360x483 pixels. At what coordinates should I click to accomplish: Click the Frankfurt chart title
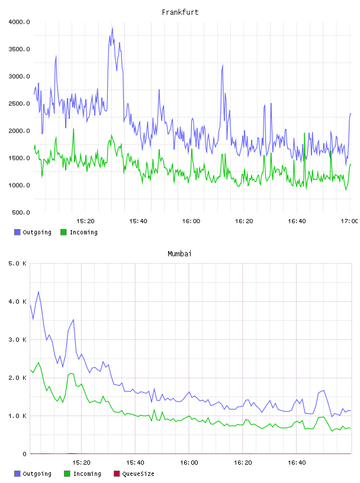180,12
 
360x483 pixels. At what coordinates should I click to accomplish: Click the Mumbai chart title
179,254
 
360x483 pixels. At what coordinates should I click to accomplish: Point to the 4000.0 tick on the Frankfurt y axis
19,22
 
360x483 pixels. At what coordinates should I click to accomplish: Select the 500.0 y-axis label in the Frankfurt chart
21,212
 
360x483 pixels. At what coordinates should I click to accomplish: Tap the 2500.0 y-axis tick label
19,104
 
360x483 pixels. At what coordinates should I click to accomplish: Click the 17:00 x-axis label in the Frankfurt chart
349,221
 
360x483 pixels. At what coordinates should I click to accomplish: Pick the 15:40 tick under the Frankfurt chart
138,221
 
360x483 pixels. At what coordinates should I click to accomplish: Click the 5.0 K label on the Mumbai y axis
17,263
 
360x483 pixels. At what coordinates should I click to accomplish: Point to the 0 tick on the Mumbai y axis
25,454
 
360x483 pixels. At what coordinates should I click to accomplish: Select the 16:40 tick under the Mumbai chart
297,463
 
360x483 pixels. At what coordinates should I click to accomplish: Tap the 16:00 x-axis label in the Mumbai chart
189,463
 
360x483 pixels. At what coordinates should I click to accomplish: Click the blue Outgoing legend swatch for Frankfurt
17,232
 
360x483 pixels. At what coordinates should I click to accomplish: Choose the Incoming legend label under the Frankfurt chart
83,232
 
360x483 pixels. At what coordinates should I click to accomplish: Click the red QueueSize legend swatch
117,474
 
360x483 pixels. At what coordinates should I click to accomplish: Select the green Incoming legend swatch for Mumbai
67,474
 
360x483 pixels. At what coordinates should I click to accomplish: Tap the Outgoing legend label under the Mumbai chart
37,474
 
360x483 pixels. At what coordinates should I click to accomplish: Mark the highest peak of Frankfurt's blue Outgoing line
112,27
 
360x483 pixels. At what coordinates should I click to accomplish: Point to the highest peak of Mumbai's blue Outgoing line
38,291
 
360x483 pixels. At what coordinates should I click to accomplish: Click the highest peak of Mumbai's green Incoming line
38,363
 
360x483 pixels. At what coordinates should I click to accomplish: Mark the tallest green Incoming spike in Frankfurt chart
73,129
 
